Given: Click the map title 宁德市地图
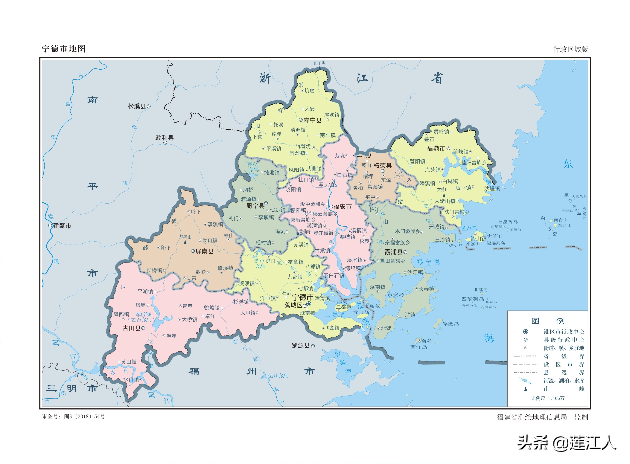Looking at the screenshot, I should pyautogui.click(x=63, y=49).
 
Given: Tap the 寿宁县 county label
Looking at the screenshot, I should pyautogui.click(x=312, y=120).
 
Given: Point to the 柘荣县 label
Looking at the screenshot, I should pyautogui.click(x=382, y=166).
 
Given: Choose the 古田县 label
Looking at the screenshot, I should pyautogui.click(x=132, y=328).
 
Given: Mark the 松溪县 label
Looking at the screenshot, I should pyautogui.click(x=137, y=106).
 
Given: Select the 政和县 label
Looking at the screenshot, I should pyautogui.click(x=164, y=138).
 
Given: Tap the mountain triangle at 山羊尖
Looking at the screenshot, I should pyautogui.click(x=319, y=68).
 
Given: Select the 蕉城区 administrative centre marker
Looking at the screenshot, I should pyautogui.click(x=304, y=306).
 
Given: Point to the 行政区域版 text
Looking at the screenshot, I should pyautogui.click(x=570, y=49).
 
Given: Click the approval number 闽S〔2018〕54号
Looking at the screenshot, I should pyautogui.click(x=84, y=416).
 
